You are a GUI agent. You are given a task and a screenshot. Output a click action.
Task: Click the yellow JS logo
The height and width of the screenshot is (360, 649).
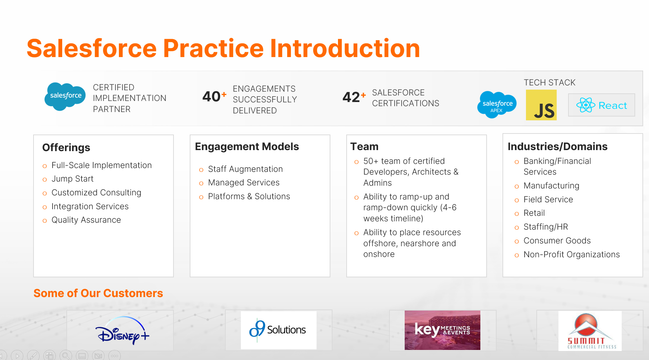click(541, 105)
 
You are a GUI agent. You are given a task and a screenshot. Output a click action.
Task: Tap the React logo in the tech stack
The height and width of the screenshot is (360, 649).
click(602, 105)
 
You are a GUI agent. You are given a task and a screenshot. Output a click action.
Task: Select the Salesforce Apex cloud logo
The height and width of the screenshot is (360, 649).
click(497, 104)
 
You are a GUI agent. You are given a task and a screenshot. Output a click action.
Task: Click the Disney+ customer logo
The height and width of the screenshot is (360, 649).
click(122, 331)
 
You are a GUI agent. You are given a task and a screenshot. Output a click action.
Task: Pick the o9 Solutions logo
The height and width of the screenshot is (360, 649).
click(279, 330)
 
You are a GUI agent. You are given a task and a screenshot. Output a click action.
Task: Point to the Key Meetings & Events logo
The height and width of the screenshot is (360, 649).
click(442, 330)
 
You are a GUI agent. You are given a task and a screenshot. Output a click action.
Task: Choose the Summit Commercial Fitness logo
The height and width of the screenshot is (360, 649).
click(590, 331)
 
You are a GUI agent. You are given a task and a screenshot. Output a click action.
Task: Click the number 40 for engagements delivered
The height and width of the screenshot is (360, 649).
click(211, 96)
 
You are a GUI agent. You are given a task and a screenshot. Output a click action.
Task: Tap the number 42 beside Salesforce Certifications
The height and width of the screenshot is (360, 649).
click(351, 97)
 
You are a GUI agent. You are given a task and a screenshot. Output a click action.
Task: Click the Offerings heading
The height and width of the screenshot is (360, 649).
click(66, 148)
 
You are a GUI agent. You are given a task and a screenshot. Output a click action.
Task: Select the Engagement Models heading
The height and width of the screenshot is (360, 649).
click(247, 147)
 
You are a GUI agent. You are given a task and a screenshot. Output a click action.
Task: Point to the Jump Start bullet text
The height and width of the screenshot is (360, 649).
click(73, 179)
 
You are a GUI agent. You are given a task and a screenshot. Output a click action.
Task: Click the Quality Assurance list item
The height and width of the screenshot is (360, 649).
click(86, 220)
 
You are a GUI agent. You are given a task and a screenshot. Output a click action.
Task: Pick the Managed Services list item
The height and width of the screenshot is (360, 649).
click(244, 183)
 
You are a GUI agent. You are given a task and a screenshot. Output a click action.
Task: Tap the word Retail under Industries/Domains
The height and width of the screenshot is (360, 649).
click(534, 213)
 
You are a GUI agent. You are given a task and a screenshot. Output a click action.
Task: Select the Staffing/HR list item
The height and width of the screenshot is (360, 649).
click(546, 227)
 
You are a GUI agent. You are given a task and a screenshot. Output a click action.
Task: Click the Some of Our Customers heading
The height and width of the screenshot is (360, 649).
click(98, 293)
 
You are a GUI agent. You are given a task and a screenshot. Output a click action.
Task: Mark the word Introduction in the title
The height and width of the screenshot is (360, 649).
click(345, 48)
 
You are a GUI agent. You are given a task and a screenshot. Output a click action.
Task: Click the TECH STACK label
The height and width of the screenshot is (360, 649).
click(549, 83)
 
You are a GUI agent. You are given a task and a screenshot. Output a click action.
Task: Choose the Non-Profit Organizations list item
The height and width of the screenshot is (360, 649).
click(572, 255)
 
